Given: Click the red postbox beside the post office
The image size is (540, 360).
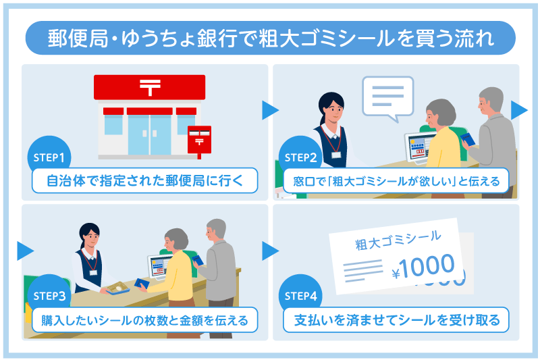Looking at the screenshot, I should tap(198, 139).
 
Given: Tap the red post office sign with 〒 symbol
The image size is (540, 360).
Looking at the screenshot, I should tap(149, 86).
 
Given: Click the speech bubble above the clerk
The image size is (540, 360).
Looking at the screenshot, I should tap(387, 97).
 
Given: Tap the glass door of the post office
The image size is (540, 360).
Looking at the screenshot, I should tap(149, 134).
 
